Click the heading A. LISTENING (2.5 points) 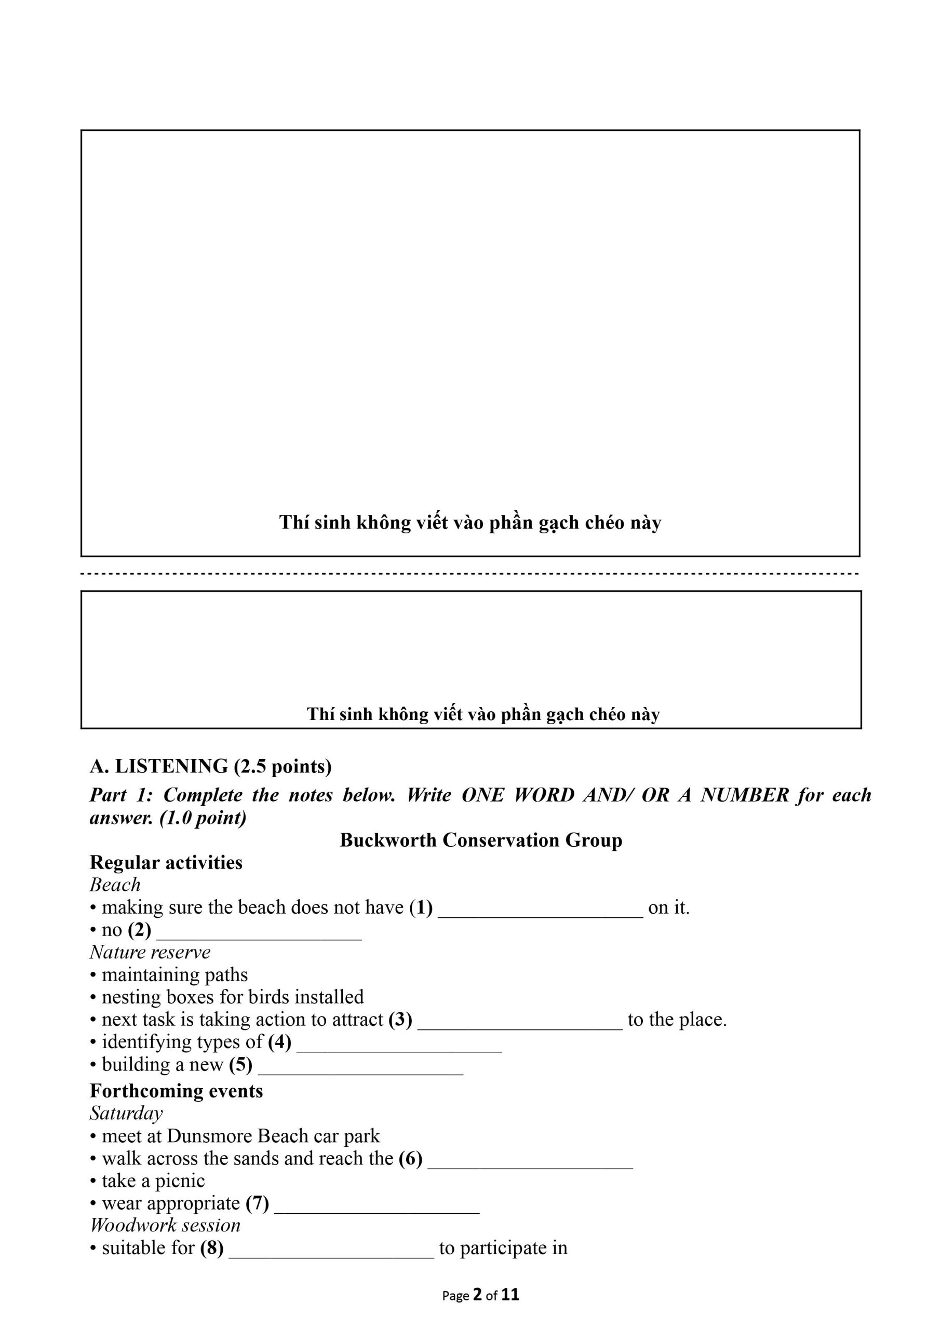[210, 766]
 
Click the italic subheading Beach [115, 885]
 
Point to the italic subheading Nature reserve [150, 953]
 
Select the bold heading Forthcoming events [176, 1091]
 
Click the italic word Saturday [126, 1113]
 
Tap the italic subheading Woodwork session [165, 1225]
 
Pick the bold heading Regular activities [166, 862]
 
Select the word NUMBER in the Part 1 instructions [745, 795]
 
